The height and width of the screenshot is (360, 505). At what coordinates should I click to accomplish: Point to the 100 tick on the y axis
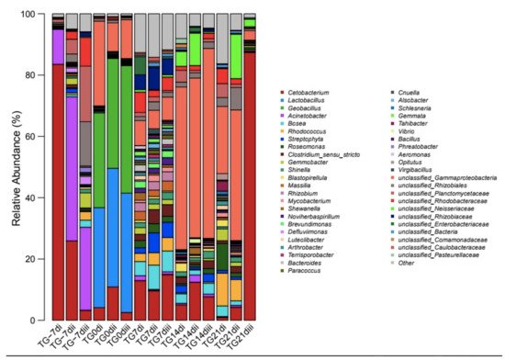36,15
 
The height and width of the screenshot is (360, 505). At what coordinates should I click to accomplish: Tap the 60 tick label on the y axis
36,137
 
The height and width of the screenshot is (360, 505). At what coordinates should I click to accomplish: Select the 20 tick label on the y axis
36,259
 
